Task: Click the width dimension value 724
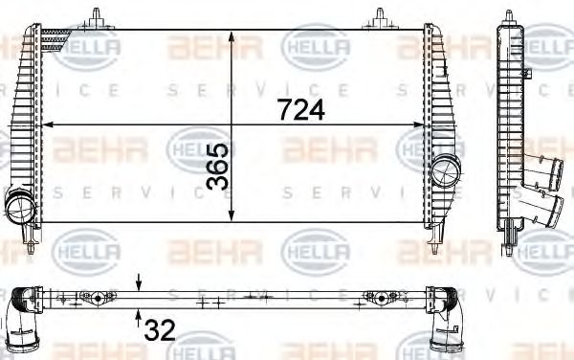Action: click(x=301, y=110)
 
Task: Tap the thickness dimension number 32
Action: click(x=159, y=329)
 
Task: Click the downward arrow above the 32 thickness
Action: click(x=141, y=283)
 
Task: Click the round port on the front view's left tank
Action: click(x=20, y=205)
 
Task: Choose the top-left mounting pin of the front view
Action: click(x=97, y=16)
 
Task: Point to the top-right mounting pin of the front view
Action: click(x=380, y=16)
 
